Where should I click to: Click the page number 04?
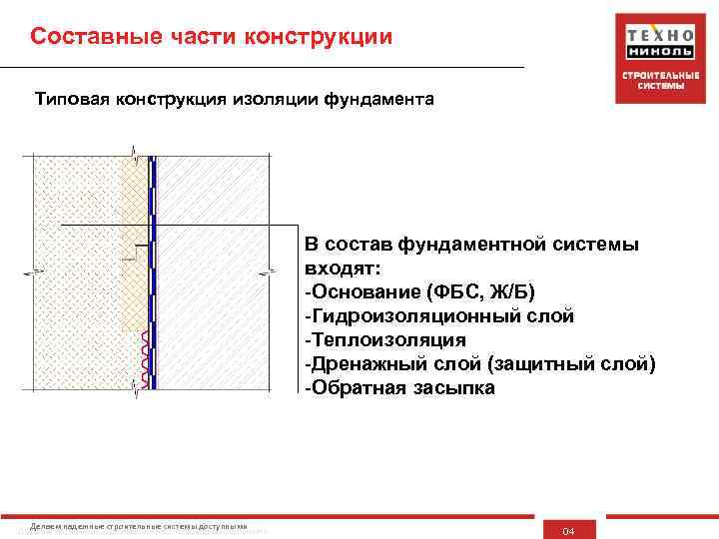(569, 529)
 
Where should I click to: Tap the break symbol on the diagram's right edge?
(268, 270)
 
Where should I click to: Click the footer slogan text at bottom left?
(140, 526)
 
